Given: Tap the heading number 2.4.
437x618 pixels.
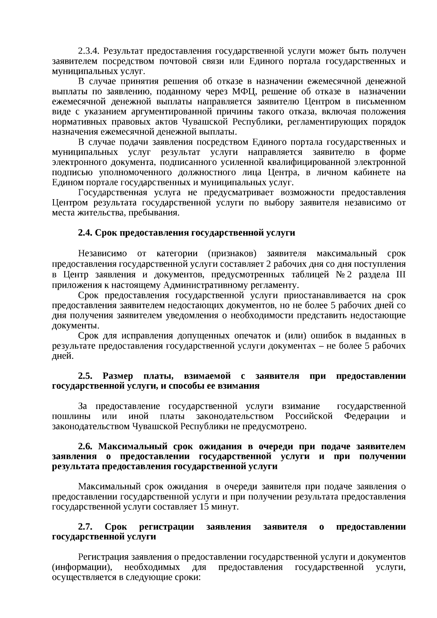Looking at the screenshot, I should click(x=85, y=233).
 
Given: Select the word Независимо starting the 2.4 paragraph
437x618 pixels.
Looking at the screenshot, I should click(x=103, y=253).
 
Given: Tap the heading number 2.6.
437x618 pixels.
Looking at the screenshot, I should click(x=85, y=446).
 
